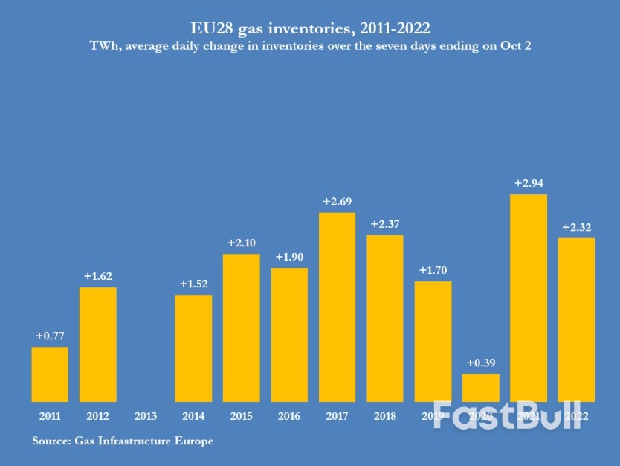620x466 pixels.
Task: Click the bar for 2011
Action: [x=50, y=374]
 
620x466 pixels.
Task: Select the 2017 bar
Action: [x=337, y=307]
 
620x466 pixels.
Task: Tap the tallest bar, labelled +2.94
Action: [x=529, y=298]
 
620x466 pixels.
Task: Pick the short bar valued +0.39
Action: [x=481, y=388]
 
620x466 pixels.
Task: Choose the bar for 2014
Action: [x=193, y=348]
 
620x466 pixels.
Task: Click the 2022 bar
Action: [x=576, y=319]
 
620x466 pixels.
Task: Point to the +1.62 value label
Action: [x=98, y=276]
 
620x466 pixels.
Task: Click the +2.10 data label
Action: [x=242, y=243]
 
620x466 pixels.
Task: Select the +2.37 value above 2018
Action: [x=385, y=224]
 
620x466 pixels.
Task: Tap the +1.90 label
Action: [x=289, y=257]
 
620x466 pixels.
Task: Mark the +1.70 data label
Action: [x=433, y=270]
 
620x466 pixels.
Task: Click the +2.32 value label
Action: [x=576, y=227]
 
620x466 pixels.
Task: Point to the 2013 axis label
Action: [x=146, y=416]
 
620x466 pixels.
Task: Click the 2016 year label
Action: [x=289, y=416]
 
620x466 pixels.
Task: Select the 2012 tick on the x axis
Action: [x=98, y=416]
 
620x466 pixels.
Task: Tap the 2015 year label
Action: [x=242, y=416]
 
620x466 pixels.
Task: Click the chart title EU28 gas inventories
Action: [x=310, y=28]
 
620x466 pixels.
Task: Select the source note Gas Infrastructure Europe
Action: [x=144, y=441]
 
